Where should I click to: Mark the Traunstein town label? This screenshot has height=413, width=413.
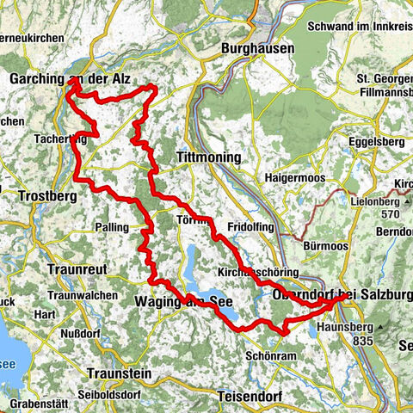119,374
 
